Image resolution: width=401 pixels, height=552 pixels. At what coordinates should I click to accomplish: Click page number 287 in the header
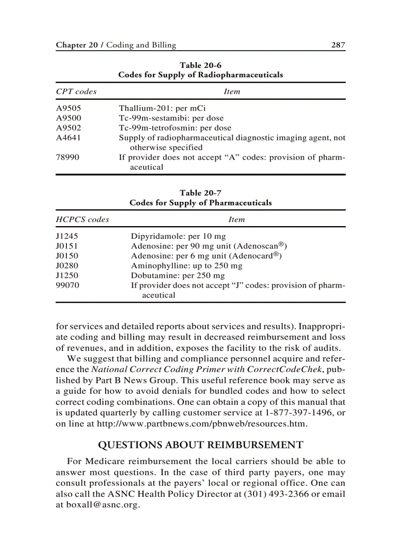(338, 45)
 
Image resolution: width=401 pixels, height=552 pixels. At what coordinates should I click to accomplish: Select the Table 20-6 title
(200, 65)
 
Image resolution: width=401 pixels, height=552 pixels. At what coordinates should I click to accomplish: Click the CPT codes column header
(76, 91)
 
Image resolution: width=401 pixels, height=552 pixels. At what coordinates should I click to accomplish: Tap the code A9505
(68, 108)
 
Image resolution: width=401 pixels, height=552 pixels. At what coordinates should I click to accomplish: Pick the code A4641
(68, 138)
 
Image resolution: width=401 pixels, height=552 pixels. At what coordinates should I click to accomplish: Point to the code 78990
(67, 157)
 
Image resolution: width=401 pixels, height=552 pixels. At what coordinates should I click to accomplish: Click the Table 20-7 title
(200, 193)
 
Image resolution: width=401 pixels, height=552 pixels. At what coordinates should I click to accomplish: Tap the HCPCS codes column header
(82, 219)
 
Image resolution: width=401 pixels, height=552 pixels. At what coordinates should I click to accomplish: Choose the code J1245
(67, 236)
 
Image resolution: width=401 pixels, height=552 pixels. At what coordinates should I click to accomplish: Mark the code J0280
(67, 265)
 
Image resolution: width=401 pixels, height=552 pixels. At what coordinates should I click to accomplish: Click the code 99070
(67, 285)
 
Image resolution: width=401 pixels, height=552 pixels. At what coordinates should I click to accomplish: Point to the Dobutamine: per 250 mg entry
(177, 275)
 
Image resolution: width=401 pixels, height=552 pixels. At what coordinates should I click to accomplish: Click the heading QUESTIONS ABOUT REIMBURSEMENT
(200, 445)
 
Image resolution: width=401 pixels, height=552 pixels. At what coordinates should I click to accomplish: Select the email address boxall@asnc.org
(102, 505)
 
